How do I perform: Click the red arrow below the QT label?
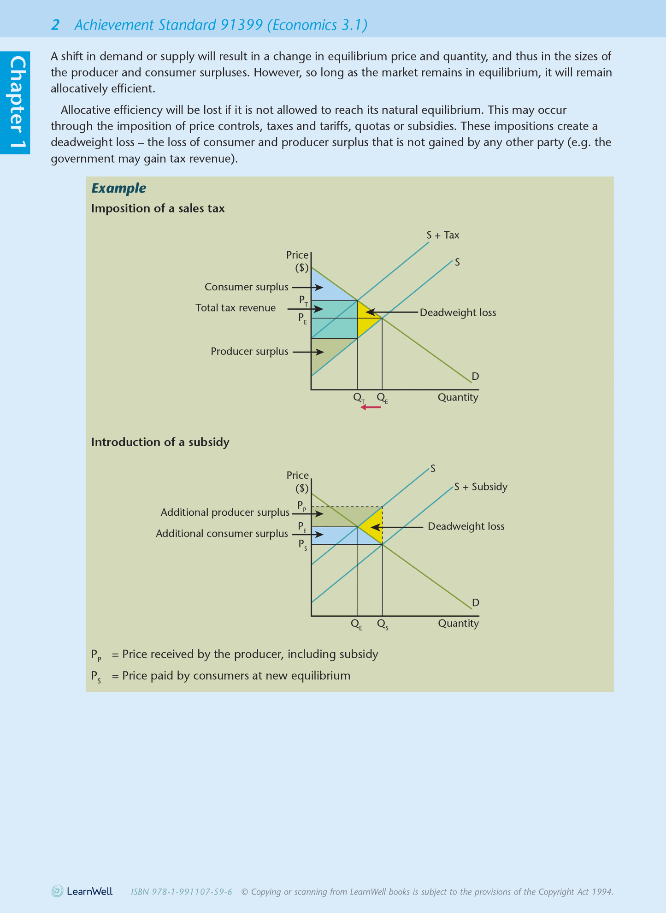371,407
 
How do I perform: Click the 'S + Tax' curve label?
442,236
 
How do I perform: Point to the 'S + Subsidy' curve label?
480,487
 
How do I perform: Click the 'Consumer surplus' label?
246,287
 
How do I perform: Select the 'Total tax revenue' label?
236,308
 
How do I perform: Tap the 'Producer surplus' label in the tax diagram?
249,352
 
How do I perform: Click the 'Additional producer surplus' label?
225,512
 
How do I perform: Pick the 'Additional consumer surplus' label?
222,534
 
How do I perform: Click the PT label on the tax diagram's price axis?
303,300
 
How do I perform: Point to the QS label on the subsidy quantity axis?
383,624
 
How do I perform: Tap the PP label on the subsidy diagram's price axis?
302,506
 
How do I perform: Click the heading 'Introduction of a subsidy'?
160,442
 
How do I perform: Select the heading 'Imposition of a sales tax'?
158,209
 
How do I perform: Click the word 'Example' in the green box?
118,188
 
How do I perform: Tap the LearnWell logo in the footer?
82,891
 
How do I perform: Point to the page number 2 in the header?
55,25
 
